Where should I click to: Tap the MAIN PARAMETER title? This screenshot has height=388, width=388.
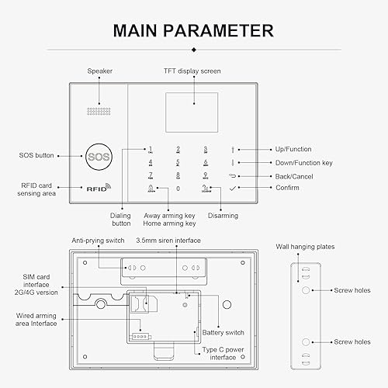coord(193,30)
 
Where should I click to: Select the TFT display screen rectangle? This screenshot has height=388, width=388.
coord(191,104)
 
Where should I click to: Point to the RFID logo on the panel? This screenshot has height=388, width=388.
coord(99,188)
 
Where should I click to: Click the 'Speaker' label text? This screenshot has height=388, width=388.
coord(99,71)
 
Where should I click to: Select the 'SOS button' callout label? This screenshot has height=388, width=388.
coord(36,155)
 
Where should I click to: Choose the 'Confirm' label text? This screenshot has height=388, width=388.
coord(286,188)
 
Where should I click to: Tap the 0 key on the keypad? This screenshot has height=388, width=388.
coord(178,189)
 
